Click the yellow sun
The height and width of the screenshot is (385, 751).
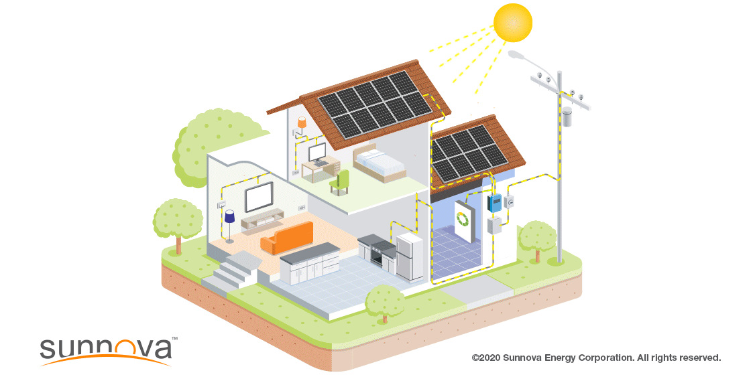click(513, 23)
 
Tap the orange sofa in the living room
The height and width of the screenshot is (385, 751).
click(286, 238)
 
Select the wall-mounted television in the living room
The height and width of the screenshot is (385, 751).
click(259, 197)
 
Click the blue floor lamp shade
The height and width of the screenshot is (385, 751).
click(229, 217)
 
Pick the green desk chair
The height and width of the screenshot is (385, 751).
click(341, 182)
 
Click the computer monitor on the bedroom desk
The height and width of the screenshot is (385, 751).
click(316, 153)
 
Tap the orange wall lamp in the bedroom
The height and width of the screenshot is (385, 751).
click(301, 123)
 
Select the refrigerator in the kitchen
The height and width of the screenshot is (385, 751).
click(410, 257)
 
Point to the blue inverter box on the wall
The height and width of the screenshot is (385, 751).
click(494, 203)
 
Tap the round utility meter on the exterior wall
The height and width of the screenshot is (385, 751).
click(509, 202)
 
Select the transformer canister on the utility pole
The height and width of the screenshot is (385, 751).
click(567, 117)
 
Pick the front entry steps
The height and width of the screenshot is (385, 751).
click(231, 272)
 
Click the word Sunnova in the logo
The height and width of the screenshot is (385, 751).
click(106, 349)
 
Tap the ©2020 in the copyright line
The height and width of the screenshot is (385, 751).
click(487, 358)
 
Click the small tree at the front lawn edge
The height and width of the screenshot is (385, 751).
click(385, 304)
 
